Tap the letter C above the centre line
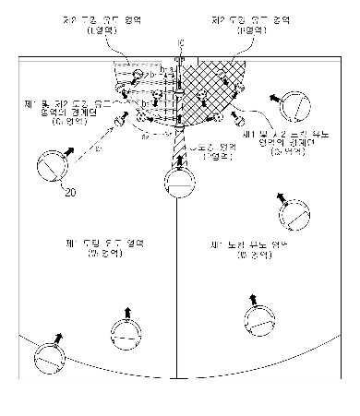tap(180, 42)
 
